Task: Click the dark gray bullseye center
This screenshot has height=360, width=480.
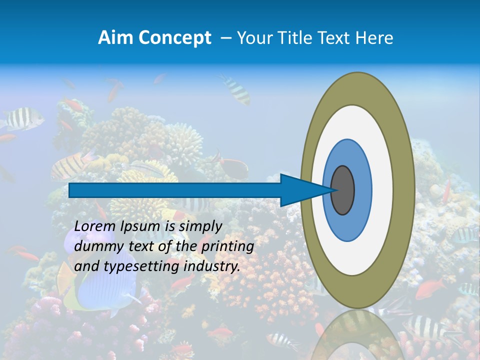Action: click(x=342, y=190)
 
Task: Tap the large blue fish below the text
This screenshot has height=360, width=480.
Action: click(x=102, y=290)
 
